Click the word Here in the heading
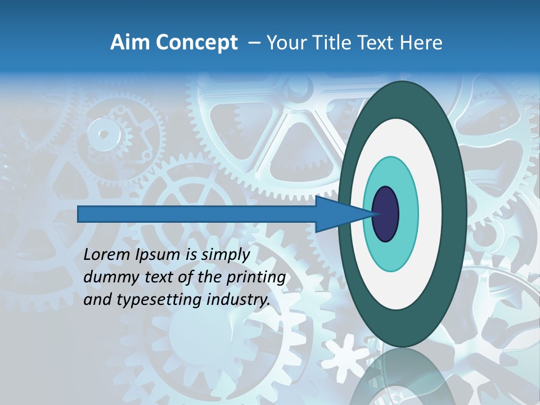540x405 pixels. pos(422,43)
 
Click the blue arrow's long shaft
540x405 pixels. pos(197,214)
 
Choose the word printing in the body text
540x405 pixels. pos(255,277)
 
